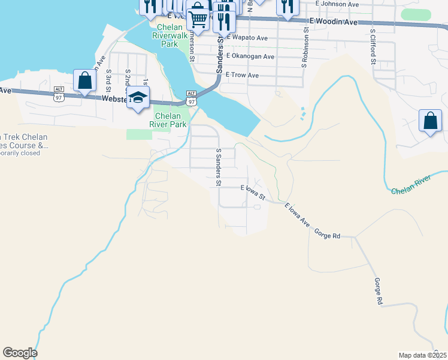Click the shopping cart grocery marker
pos(198,17)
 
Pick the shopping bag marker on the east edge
pos(431,121)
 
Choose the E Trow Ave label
pos(242,76)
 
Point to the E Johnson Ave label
pos(337,4)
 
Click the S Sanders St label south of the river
pos(219,167)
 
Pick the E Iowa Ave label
pos(297,215)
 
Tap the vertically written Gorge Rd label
pos(378,292)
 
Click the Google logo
pos(20,352)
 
